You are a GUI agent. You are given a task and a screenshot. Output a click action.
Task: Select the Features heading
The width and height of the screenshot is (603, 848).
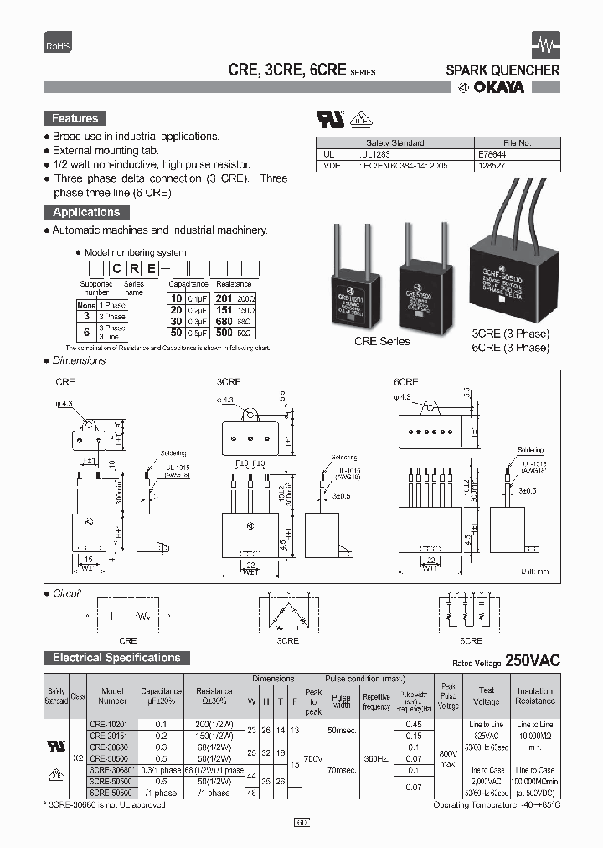[x=75, y=119]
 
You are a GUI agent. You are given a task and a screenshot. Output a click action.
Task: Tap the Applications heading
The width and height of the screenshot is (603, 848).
[x=86, y=213]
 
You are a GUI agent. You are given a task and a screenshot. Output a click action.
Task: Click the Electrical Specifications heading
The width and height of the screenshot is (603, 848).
[x=116, y=658]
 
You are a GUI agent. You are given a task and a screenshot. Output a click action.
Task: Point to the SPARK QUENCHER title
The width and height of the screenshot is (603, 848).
[x=502, y=70]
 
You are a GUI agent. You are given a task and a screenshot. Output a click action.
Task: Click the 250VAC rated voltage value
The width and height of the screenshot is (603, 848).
[x=533, y=660]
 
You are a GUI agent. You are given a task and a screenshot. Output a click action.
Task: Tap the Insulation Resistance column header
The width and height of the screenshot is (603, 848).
[x=535, y=695]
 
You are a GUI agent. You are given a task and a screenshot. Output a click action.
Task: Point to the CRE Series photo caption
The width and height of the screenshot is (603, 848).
[x=382, y=341]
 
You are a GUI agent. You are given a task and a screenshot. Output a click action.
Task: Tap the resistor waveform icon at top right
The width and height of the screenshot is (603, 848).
[x=545, y=44]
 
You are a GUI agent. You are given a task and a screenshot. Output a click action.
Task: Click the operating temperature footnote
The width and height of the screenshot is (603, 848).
[x=496, y=805]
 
